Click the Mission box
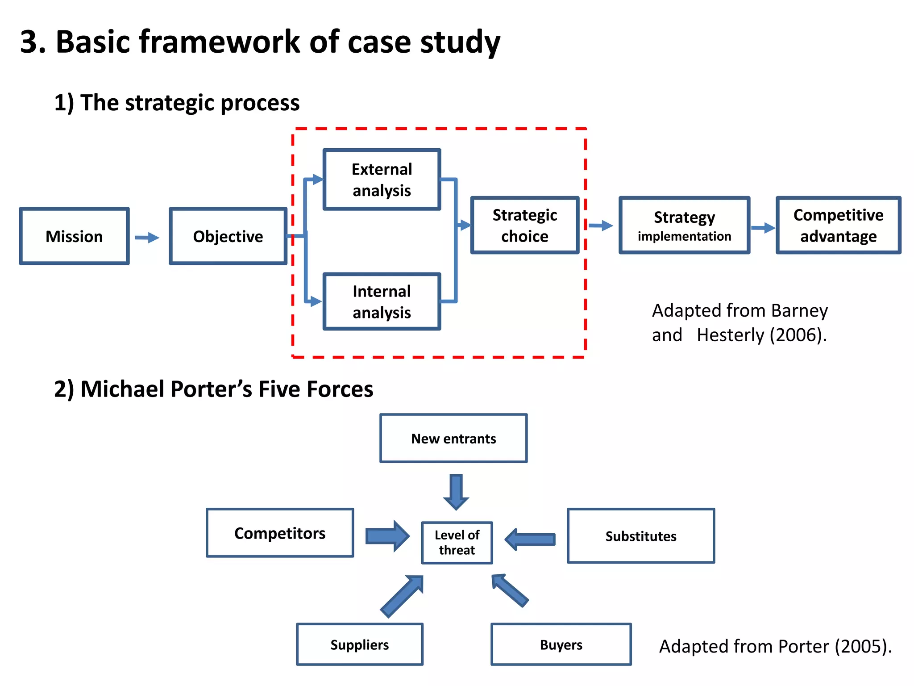click(74, 236)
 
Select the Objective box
click(228, 236)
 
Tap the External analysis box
click(382, 180)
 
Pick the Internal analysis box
click(382, 301)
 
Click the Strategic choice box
click(524, 226)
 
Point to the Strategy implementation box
click(684, 226)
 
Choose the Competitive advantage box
click(838, 226)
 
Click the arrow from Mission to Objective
click(147, 237)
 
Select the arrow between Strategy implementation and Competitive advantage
click(763, 228)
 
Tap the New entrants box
click(453, 439)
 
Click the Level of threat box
click(457, 543)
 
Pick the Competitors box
click(280, 533)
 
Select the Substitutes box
click(640, 536)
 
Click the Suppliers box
click(359, 644)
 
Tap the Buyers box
click(561, 644)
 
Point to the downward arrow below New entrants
click(456, 492)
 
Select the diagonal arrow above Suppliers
click(402, 596)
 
